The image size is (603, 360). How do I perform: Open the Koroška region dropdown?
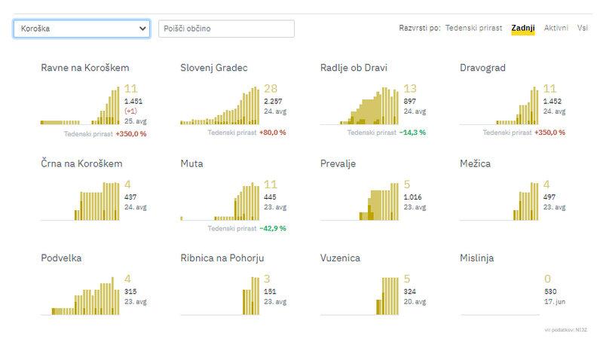pos(81,29)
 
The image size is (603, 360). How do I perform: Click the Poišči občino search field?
pos(226,29)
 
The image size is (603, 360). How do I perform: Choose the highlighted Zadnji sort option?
pos(522,28)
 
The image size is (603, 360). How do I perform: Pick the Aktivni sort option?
pos(556,28)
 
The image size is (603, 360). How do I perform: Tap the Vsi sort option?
pos(583,28)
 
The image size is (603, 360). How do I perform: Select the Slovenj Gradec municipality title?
pos(214,69)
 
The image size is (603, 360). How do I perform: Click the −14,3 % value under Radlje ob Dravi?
pos(413,132)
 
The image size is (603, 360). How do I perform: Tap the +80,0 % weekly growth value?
pos(272,132)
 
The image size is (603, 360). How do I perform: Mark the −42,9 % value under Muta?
pos(272,227)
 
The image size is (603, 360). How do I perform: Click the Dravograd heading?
pos(482,69)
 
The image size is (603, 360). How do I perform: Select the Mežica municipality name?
pos(476,163)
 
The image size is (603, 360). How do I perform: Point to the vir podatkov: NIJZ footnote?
pos(565,330)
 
